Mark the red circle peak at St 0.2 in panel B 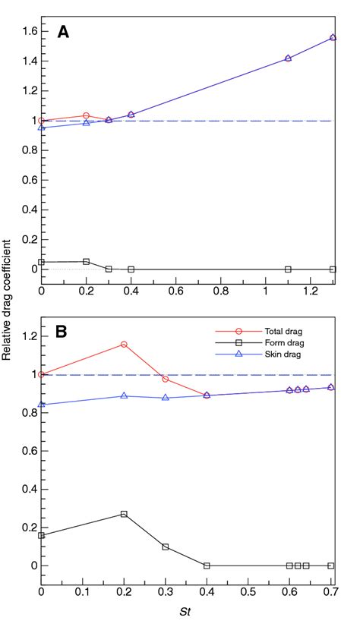124,345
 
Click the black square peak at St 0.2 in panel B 124,514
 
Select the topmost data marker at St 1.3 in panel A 333,37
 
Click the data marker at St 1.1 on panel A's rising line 288,58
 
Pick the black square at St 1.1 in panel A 288,269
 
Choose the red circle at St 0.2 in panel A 86,115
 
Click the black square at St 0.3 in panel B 165,547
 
